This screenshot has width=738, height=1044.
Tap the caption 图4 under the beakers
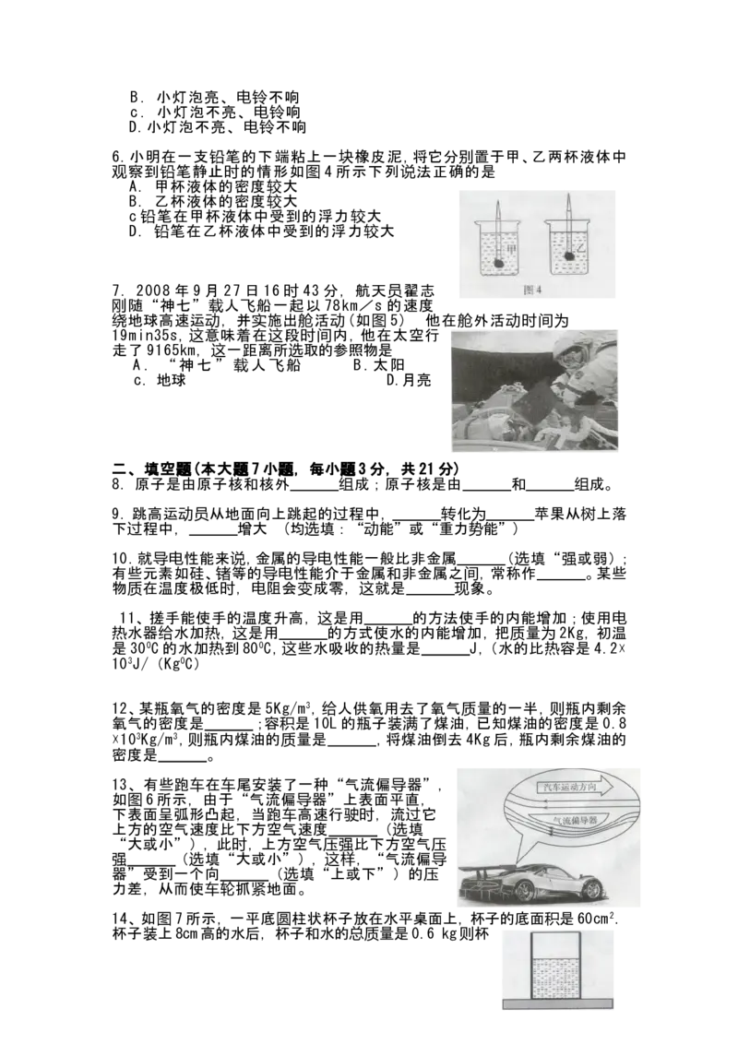coord(533,289)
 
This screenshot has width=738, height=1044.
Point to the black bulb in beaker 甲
coord(498,263)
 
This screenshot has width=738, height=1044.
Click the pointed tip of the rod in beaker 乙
coord(570,196)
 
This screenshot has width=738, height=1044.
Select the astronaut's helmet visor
coord(571,356)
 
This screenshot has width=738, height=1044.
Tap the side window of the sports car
coord(554,861)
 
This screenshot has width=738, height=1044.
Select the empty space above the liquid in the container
coord(555,946)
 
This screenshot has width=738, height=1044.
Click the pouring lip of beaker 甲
coord(476,221)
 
